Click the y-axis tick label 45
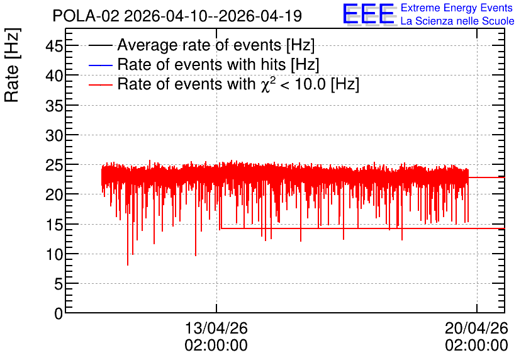tap(54, 45)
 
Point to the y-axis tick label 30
tap(54, 135)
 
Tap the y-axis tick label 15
tap(54, 225)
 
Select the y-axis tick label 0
tap(59, 313)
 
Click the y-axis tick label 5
tap(59, 284)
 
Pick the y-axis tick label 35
tap(54, 106)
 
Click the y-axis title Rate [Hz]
tap(12, 65)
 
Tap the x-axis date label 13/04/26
tap(216, 328)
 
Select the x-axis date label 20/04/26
tap(477, 328)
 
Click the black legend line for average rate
tap(100, 45)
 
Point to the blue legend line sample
tap(100, 65)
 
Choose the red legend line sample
tap(100, 84)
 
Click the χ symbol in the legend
tap(265, 85)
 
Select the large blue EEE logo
tap(369, 14)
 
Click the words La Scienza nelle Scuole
tap(457, 21)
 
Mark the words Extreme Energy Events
tap(457, 8)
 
